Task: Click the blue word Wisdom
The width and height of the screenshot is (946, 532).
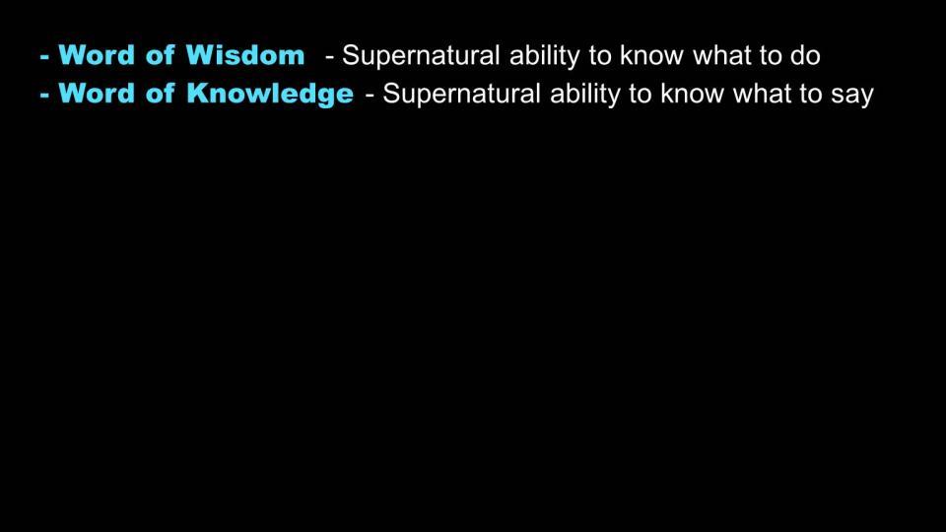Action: pos(245,55)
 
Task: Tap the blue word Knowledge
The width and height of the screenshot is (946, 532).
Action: pos(270,95)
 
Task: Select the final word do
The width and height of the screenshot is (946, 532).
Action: pos(805,55)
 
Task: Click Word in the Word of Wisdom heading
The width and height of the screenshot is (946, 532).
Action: pos(97,55)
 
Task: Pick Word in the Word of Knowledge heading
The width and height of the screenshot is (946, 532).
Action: pos(97,94)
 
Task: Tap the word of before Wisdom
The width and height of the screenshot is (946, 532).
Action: pos(160,55)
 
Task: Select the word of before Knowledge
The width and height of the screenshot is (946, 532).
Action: pos(160,93)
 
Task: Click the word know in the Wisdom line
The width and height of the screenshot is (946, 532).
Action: pos(651,55)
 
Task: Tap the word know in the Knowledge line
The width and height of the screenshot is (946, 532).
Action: pos(692,95)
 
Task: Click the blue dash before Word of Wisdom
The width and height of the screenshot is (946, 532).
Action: pos(44,58)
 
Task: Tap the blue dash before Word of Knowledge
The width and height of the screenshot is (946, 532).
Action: pos(44,96)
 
